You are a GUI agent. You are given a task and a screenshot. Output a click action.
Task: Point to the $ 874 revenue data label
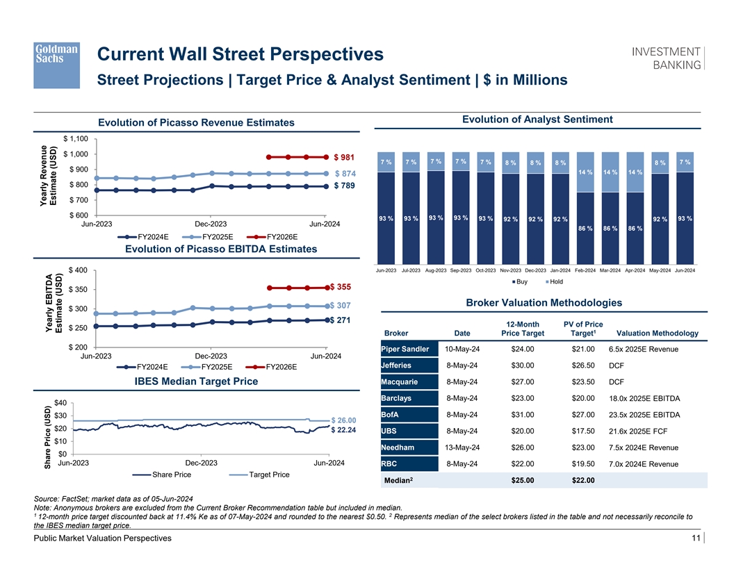[x=345, y=173]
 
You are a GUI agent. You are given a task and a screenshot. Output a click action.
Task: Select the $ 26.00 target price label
[x=344, y=420]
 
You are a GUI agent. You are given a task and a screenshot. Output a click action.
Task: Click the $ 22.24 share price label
[x=344, y=430]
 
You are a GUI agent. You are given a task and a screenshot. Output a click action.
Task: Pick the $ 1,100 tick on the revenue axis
[x=75, y=138]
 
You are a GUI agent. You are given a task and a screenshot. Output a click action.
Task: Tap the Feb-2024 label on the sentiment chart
[x=586, y=270]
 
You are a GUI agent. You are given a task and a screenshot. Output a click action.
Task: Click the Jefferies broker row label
[x=397, y=365]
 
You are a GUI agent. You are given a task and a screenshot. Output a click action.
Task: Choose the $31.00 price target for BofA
[x=522, y=415]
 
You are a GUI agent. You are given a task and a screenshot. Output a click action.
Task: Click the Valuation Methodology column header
[x=653, y=333]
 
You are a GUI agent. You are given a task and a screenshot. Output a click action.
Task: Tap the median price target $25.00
[x=522, y=480]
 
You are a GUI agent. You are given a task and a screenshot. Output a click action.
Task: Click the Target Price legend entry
[x=265, y=475]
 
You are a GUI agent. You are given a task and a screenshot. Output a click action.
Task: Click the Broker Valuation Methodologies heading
[x=544, y=303]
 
